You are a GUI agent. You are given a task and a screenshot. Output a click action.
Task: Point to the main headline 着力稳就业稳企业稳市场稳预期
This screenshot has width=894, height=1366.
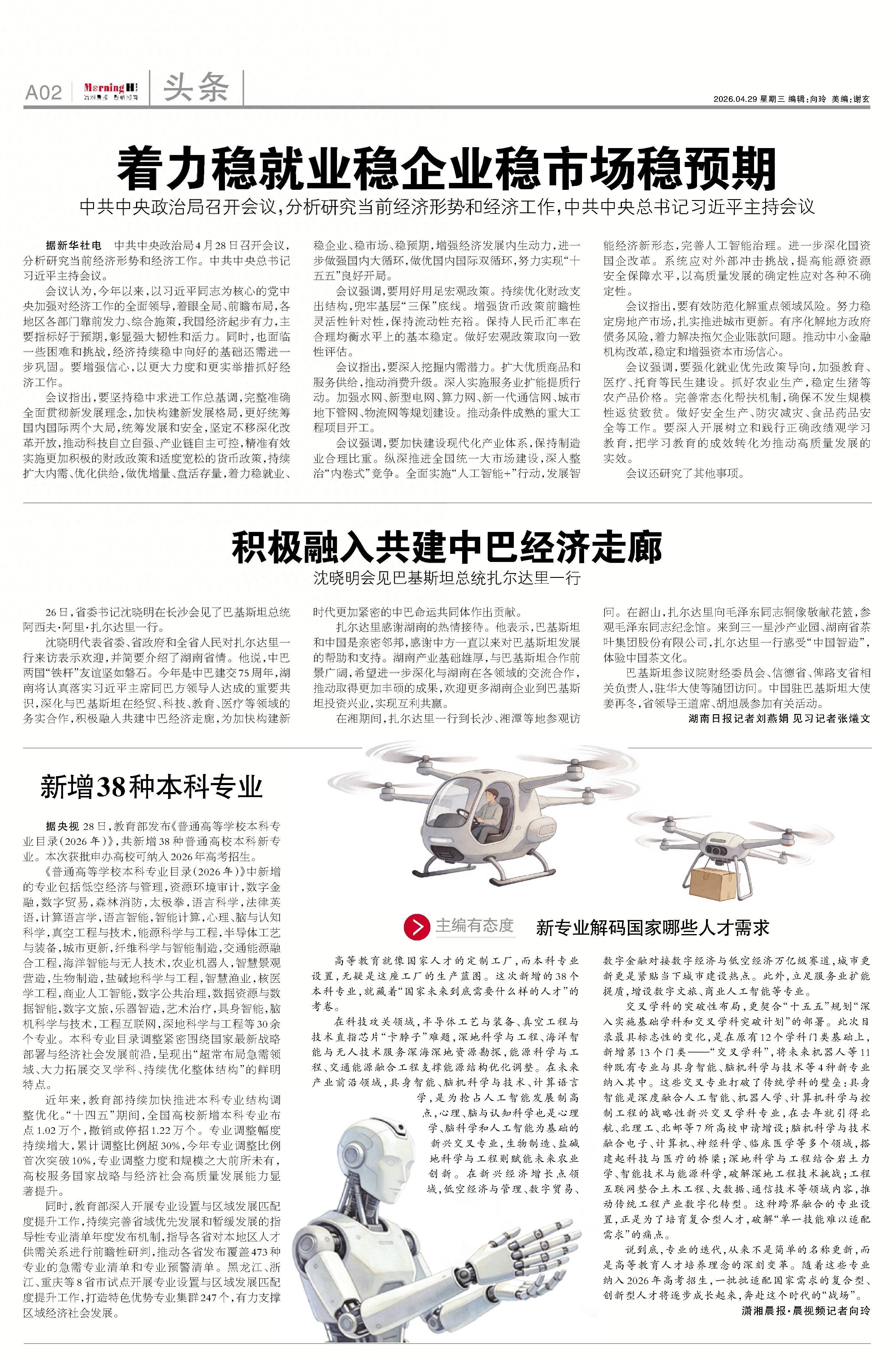pyautogui.click(x=447, y=168)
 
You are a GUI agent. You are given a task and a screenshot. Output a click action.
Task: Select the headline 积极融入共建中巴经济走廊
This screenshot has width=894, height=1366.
pyautogui.click(x=447, y=547)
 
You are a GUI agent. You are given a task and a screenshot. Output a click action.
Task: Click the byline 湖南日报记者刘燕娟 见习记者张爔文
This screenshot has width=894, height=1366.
pyautogui.click(x=779, y=718)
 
